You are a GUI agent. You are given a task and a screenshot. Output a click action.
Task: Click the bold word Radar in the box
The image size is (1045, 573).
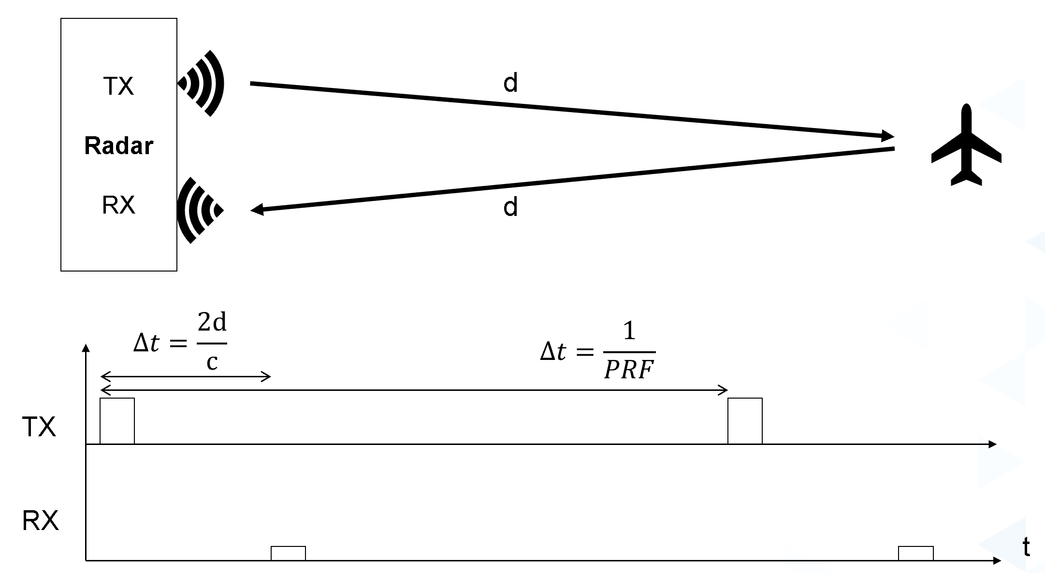click(x=119, y=145)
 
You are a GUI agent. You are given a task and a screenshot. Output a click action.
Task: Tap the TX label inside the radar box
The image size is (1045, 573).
click(x=118, y=86)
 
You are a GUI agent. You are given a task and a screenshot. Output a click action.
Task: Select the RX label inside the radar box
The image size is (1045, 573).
click(x=118, y=205)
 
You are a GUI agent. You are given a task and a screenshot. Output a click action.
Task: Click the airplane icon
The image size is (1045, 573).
click(x=966, y=144)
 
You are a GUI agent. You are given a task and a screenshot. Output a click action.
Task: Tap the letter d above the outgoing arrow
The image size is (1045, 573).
click(x=510, y=83)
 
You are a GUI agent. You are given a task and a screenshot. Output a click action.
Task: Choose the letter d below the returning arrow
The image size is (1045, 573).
click(x=510, y=207)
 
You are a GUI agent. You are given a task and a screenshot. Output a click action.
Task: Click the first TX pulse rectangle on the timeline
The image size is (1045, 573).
click(x=117, y=421)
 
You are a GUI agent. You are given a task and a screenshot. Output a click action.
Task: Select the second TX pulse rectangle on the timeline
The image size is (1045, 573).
click(x=745, y=421)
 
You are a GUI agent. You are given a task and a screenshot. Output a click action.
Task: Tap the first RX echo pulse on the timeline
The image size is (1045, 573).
click(x=288, y=553)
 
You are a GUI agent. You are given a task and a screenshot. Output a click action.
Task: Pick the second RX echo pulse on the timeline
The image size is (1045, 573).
click(x=916, y=553)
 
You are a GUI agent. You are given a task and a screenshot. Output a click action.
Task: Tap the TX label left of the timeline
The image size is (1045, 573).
click(x=39, y=427)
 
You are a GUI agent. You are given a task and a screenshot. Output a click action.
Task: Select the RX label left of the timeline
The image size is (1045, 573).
click(x=41, y=521)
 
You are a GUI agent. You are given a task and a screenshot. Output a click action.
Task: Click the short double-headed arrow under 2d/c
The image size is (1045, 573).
click(x=185, y=377)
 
